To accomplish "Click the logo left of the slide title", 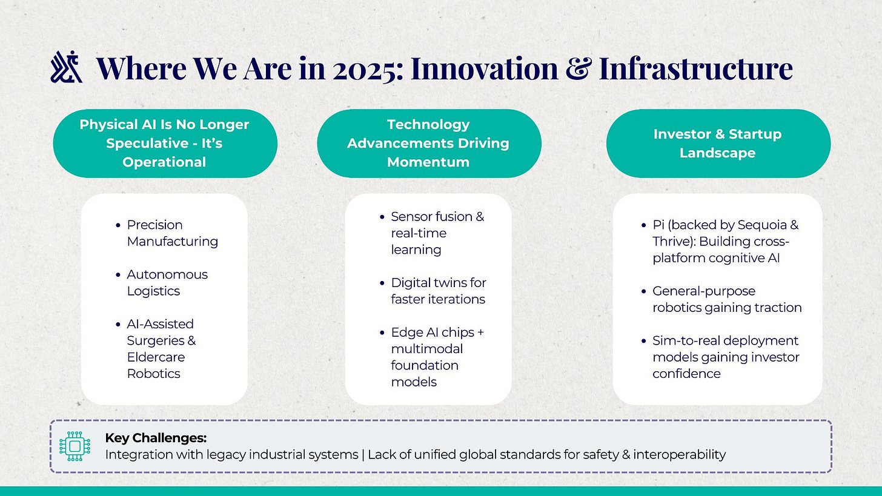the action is (67, 67).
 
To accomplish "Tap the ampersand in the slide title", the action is (579, 68).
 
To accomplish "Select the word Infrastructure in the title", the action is (696, 68).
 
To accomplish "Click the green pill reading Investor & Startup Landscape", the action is (718, 144).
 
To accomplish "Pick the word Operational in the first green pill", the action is (164, 162).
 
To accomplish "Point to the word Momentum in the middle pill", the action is (428, 162).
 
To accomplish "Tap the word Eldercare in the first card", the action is (156, 357).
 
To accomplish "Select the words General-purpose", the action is (704, 291).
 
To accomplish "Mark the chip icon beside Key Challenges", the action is (75, 446).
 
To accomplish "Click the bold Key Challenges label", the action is (156, 438).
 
